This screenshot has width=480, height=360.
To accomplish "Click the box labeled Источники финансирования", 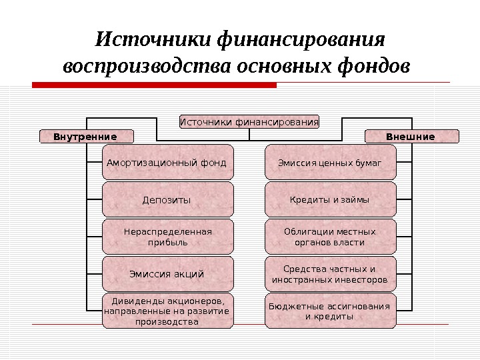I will tap(249, 122).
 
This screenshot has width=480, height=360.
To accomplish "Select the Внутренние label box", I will tap(85, 137).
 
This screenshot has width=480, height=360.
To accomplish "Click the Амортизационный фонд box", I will tap(167, 162).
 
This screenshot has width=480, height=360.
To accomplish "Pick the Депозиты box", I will tap(167, 199).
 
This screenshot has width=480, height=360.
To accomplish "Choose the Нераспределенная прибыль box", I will tap(167, 237).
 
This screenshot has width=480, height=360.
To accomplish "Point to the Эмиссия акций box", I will tap(167, 273).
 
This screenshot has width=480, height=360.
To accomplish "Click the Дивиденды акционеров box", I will tap(167, 311).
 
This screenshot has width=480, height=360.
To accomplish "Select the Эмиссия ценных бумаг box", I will tap(330, 162).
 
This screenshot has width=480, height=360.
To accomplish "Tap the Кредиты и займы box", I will tap(330, 199).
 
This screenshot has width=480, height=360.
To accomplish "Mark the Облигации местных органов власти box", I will tap(330, 237).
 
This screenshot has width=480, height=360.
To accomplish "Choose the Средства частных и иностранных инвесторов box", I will tap(330, 273).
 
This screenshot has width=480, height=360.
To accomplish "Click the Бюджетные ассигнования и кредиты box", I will tap(330, 311).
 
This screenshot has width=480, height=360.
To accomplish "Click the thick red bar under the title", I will tap(154, 85).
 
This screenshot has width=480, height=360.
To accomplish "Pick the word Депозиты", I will tap(167, 200).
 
